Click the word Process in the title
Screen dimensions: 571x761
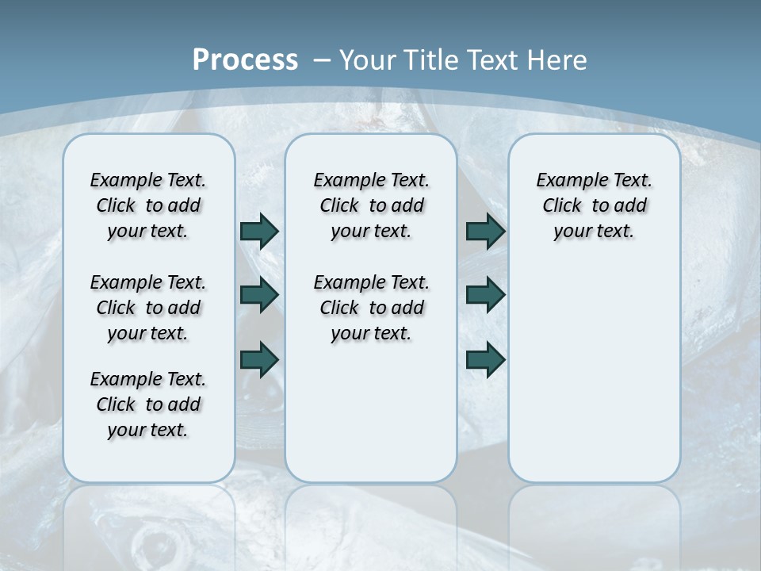pyautogui.click(x=245, y=60)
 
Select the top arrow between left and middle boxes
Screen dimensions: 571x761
pyautogui.click(x=259, y=231)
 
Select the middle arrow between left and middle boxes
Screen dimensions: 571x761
pyautogui.click(x=259, y=295)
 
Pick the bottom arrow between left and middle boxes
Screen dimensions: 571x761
pyautogui.click(x=259, y=359)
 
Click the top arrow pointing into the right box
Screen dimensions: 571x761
pyautogui.click(x=485, y=231)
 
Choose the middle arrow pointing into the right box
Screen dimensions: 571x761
pyautogui.click(x=485, y=295)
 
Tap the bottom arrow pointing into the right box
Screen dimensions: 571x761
pyautogui.click(x=485, y=359)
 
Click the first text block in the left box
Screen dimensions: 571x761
pyautogui.click(x=148, y=205)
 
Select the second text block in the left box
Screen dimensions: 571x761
pyautogui.click(x=148, y=308)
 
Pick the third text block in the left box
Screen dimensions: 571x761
pyautogui.click(x=148, y=404)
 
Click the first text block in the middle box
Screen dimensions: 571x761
pyautogui.click(x=371, y=205)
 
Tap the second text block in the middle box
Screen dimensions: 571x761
pyautogui.click(x=371, y=308)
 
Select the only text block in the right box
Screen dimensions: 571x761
pyautogui.click(x=594, y=205)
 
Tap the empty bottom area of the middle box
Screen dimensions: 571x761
pyautogui.click(x=371, y=420)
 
